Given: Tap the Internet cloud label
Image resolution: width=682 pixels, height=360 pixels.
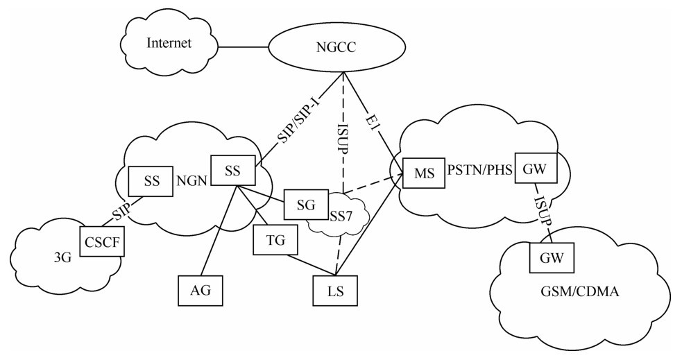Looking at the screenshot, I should [x=169, y=43].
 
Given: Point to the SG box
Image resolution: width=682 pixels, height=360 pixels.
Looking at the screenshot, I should [x=306, y=204].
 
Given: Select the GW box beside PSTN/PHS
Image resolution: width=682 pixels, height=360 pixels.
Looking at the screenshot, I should [x=535, y=167].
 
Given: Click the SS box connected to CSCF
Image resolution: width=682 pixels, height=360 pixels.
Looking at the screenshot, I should [x=151, y=181].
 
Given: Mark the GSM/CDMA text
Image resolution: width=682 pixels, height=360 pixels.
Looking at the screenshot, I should [x=589, y=293].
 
